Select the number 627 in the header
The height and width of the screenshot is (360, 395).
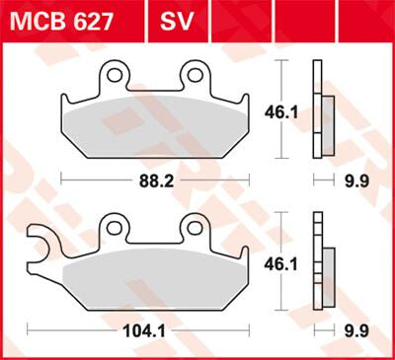[x=92, y=18]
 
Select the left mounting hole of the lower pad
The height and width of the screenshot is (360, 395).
[x=117, y=228]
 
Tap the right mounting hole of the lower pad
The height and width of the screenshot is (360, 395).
[x=193, y=228]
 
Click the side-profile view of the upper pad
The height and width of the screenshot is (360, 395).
[x=318, y=108]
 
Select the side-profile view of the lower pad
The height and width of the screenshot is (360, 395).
[x=318, y=261]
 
